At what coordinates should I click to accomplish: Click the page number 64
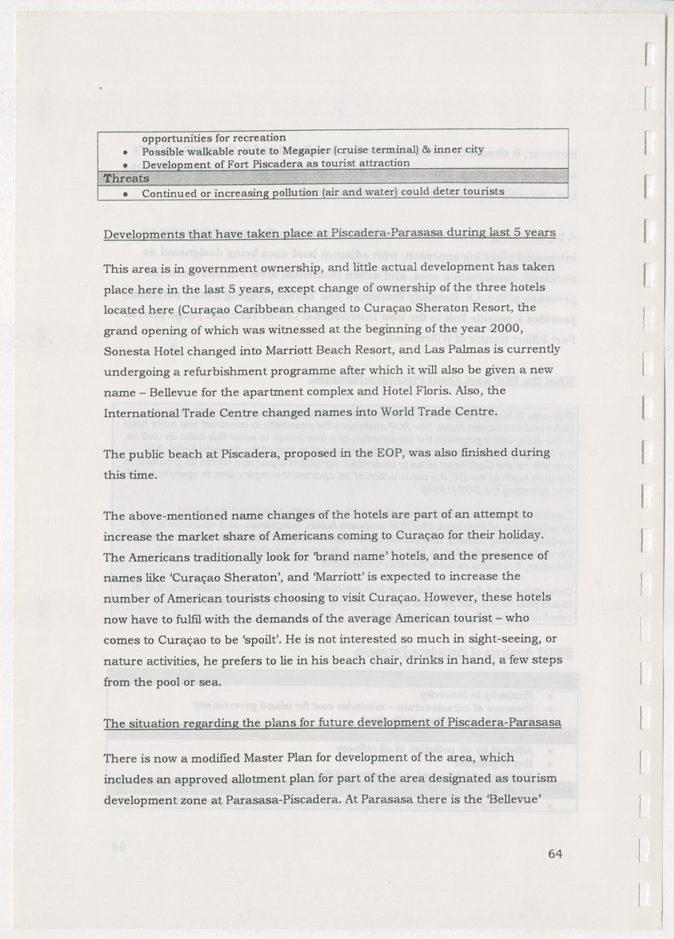(554, 854)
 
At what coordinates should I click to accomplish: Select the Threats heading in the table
(127, 178)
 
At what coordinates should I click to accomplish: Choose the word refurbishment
(219, 370)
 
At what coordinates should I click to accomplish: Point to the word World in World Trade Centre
(381, 412)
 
